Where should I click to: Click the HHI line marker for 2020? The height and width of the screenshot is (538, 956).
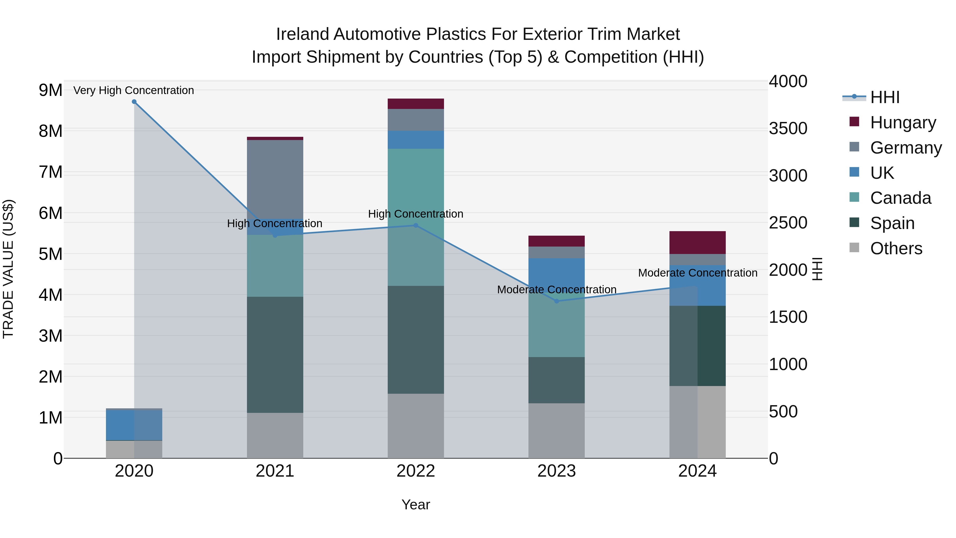click(134, 102)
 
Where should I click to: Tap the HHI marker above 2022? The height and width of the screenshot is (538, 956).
click(416, 225)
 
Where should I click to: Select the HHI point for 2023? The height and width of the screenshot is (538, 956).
click(556, 301)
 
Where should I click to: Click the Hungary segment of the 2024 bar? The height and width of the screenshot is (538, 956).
click(697, 243)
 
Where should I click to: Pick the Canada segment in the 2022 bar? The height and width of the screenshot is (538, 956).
click(416, 217)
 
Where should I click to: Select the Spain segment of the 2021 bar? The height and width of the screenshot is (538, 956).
click(275, 355)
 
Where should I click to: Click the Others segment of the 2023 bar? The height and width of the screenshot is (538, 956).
click(556, 431)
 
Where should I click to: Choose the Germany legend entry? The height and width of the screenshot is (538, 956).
click(906, 148)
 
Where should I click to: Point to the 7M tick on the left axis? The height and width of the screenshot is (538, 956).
click(51, 172)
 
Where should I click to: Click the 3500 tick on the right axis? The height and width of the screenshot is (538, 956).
click(788, 129)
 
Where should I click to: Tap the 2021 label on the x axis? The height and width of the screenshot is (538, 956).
click(275, 471)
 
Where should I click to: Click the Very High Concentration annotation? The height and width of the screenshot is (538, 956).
click(134, 91)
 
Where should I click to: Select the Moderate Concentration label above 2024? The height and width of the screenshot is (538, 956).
click(697, 273)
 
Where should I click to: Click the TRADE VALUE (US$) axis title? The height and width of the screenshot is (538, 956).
click(8, 269)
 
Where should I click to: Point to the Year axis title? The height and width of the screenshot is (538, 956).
click(416, 505)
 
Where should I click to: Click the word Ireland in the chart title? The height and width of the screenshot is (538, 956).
click(302, 35)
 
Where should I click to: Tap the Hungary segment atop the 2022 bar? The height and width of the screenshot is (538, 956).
click(416, 104)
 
